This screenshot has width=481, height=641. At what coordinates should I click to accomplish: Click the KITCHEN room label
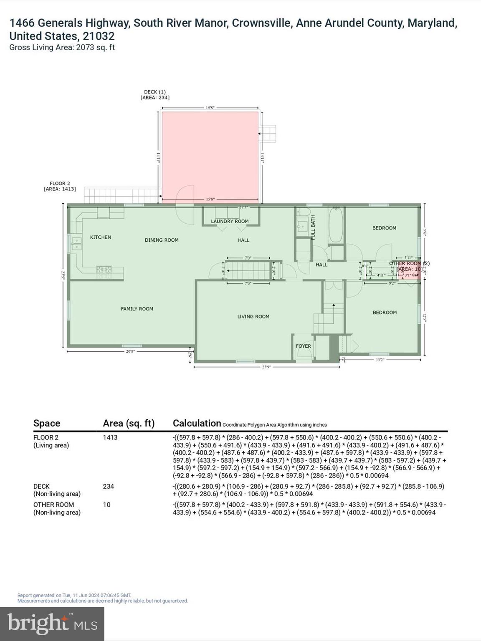[x=101, y=237]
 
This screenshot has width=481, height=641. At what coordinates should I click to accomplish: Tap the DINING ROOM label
[x=162, y=240]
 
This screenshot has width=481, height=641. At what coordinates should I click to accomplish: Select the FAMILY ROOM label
[x=137, y=309]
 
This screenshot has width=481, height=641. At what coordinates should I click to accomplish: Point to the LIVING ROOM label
[x=253, y=316]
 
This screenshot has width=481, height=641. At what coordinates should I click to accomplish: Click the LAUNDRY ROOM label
[x=230, y=221]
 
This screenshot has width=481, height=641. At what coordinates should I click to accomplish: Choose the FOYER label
[x=304, y=346]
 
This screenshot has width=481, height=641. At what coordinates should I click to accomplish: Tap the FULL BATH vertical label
[x=313, y=227]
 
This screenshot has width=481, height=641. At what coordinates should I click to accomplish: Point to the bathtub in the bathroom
[x=336, y=225]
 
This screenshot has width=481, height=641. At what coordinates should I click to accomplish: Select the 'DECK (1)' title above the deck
[x=155, y=92]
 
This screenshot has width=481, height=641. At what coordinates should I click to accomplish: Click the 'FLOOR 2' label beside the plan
[x=60, y=183]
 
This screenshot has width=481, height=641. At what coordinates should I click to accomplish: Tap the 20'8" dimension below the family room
[x=130, y=351]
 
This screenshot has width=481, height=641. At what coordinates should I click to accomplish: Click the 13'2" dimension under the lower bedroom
[x=380, y=359]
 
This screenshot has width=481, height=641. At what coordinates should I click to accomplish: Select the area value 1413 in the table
[x=110, y=437]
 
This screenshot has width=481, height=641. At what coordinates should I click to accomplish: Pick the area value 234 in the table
[x=109, y=486]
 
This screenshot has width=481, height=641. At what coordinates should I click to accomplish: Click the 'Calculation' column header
[x=197, y=423]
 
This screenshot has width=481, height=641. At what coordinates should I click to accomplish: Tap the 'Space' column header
[x=47, y=423]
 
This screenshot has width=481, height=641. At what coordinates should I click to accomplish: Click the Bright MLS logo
[x=52, y=623]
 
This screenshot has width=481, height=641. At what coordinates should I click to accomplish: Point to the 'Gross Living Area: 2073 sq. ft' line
[x=62, y=48]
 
